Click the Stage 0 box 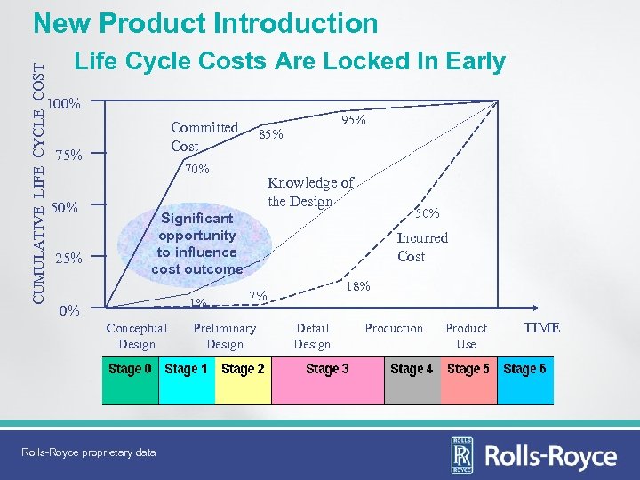coord(131,380)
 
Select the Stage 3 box coord(327,380)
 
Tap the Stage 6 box coord(524,380)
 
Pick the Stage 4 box coord(412,380)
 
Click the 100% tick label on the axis coord(65,104)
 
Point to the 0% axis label coord(69,310)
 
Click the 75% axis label coord(68,156)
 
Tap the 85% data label coord(270,135)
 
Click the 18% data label coord(357,286)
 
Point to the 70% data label coord(196,169)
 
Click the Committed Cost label coord(204,136)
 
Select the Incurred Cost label coord(421,247)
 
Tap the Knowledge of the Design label coord(310,191)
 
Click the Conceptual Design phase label coord(137,336)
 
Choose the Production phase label coord(394,328)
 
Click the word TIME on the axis coord(541,328)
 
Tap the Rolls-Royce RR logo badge coord(462,455)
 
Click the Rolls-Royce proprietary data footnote coord(88,452)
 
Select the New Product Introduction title coord(205,23)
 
